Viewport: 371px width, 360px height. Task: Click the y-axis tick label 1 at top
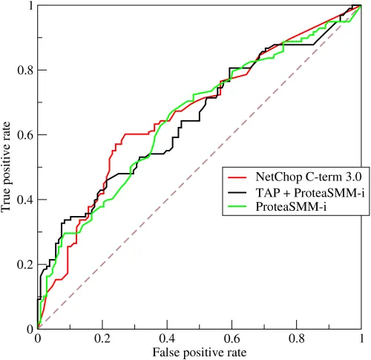[29, 6]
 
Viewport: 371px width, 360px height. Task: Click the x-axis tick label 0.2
[102, 339]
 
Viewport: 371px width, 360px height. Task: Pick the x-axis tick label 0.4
[166, 339]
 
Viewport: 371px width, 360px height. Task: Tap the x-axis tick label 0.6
[231, 339]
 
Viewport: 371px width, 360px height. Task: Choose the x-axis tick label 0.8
[296, 339]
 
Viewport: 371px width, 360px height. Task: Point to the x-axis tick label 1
[361, 339]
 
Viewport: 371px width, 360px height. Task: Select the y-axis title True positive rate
[7, 167]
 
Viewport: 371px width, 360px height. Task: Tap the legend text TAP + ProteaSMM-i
[303, 192]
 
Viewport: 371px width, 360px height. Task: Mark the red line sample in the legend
[240, 178]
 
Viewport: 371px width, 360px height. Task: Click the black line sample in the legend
[240, 192]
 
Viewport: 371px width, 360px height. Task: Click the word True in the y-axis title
[7, 203]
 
